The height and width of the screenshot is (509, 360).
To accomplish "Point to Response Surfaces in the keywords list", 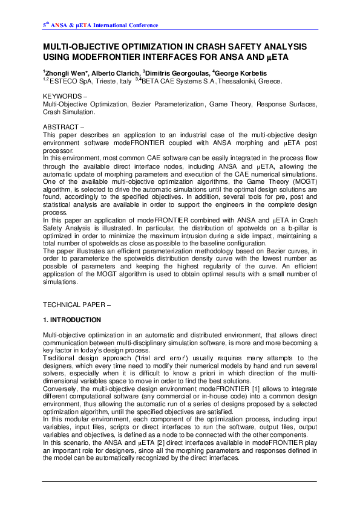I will pos(284,105).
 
